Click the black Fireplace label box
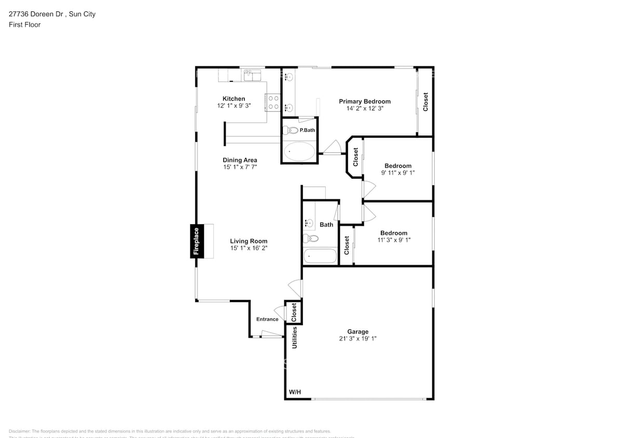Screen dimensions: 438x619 [x=196, y=241]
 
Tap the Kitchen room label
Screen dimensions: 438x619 [x=233, y=99]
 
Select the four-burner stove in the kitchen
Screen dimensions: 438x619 [x=273, y=102]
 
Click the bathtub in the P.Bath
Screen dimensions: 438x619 [x=299, y=152]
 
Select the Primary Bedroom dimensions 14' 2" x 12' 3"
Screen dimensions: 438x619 [x=364, y=109]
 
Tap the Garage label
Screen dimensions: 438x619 [x=357, y=332]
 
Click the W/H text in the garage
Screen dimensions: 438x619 [x=294, y=392]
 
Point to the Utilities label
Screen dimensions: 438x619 [x=295, y=337]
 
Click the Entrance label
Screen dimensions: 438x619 [x=267, y=319]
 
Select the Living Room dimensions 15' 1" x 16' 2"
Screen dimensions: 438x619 [x=249, y=248]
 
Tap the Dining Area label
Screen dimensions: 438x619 [x=240, y=160]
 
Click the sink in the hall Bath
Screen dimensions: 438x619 [x=310, y=224]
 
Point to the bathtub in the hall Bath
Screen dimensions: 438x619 [x=320, y=256]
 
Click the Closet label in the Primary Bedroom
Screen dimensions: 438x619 [x=425, y=102]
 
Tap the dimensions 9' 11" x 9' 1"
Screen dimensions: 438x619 [x=397, y=173]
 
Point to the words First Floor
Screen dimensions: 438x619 [x=24, y=24]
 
